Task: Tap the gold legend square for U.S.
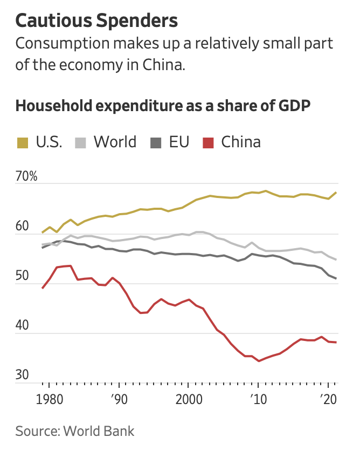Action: [x=22, y=142]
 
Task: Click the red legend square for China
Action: [x=208, y=142]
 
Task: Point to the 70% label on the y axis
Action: [x=26, y=176]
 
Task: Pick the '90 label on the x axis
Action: [x=119, y=400]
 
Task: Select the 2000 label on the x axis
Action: [x=189, y=400]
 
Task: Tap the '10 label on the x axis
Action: [x=258, y=400]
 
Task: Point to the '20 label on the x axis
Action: [x=327, y=400]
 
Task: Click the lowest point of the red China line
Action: [x=259, y=361]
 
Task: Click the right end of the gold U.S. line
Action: [x=336, y=193]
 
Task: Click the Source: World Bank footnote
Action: [x=75, y=431]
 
